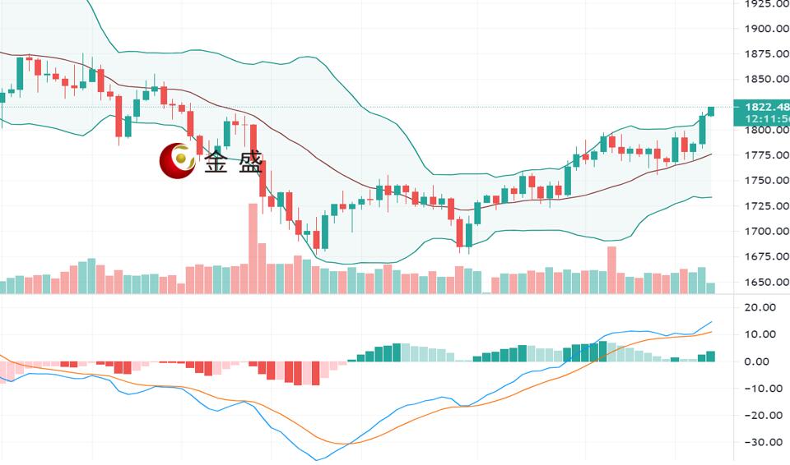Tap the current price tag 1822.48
764,107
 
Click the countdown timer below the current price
764,119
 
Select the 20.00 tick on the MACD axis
762,307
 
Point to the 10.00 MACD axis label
762,334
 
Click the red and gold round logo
177,161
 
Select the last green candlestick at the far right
711,111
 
